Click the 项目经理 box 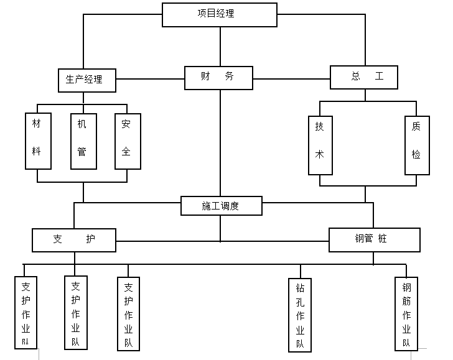pos(220,14)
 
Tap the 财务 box pos(218,77)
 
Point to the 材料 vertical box pos(37,141)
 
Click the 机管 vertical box pos(83,141)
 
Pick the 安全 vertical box pos(127,141)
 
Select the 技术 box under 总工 pos(320,145)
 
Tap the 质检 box pos(416,145)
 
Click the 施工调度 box pos(221,206)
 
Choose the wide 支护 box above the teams pos(74,240)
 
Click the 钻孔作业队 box pos(300,315)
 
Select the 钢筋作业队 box pos(407,315)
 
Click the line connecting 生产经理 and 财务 pos(150,79)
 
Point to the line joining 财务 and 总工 pos(291,78)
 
